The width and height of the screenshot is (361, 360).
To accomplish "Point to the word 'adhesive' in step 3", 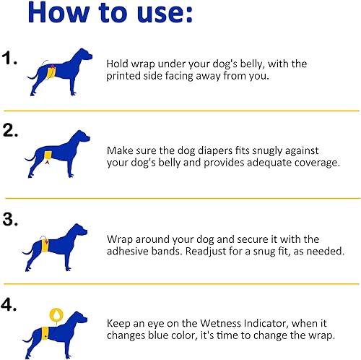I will coord(129,252).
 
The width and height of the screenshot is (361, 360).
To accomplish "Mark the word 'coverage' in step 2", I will coord(311,163).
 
